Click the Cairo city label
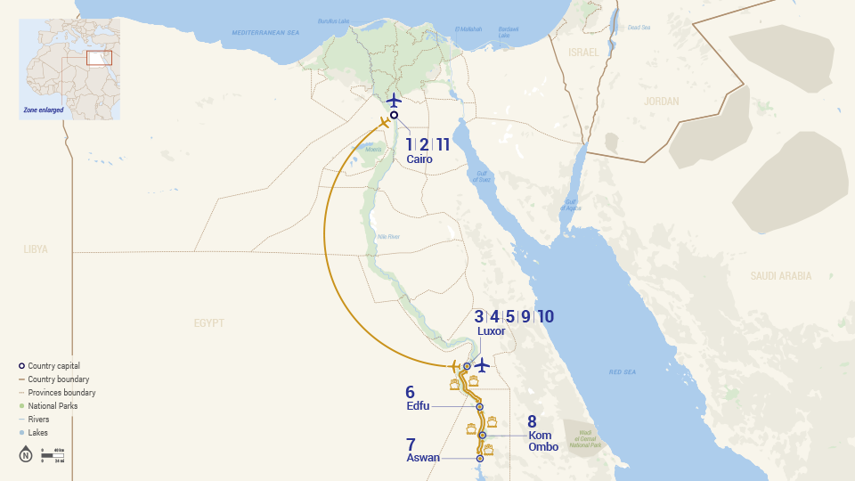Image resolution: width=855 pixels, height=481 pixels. [x=419, y=159]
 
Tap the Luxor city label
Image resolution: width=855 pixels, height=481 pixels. [x=491, y=331]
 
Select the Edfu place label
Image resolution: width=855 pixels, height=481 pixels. [x=418, y=406]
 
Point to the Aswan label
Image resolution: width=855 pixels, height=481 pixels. [x=423, y=458]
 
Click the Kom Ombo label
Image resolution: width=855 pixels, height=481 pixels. [x=543, y=441]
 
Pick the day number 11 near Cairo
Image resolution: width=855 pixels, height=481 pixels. [x=443, y=144]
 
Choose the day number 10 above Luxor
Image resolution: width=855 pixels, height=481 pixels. [x=546, y=316]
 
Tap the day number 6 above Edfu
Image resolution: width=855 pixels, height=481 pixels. [x=410, y=391]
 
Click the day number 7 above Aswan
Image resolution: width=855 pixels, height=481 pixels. [x=411, y=444]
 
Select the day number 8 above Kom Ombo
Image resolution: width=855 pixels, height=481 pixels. [x=532, y=421]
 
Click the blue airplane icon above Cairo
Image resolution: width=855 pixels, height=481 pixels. [x=394, y=101]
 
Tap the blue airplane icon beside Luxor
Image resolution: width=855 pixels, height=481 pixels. [x=482, y=365]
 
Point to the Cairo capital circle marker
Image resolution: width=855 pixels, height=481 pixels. [x=394, y=115]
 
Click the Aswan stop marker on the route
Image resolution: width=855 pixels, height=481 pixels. [x=479, y=459]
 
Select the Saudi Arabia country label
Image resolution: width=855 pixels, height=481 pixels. [x=780, y=276]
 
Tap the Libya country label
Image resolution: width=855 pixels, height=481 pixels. [x=36, y=249]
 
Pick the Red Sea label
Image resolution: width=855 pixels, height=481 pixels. [x=621, y=372]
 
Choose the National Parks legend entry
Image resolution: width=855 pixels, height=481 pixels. [x=52, y=406]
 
